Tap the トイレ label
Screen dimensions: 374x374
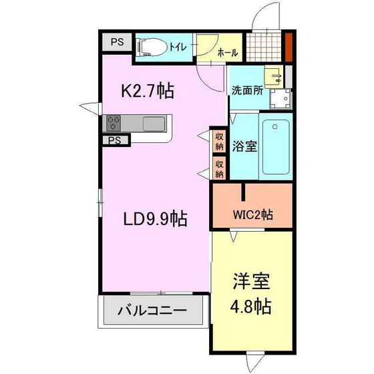pos(178,47)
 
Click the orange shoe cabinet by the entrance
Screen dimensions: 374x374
pos(289,47)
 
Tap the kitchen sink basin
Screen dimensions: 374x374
pos(154,124)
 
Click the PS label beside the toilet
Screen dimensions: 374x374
pos(118,43)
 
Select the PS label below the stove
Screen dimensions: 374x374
pos(115,140)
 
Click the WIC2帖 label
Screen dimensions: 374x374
pos(252,214)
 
